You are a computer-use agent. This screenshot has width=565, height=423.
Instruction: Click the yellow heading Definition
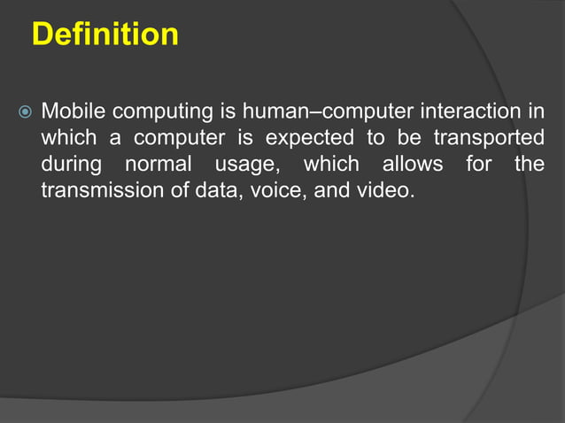pos(104,35)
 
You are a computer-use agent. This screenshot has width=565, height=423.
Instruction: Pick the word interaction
pos(462,112)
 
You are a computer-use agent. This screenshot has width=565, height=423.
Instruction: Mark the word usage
pos(244,165)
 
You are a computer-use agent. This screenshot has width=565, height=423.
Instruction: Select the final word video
pos(389,190)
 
